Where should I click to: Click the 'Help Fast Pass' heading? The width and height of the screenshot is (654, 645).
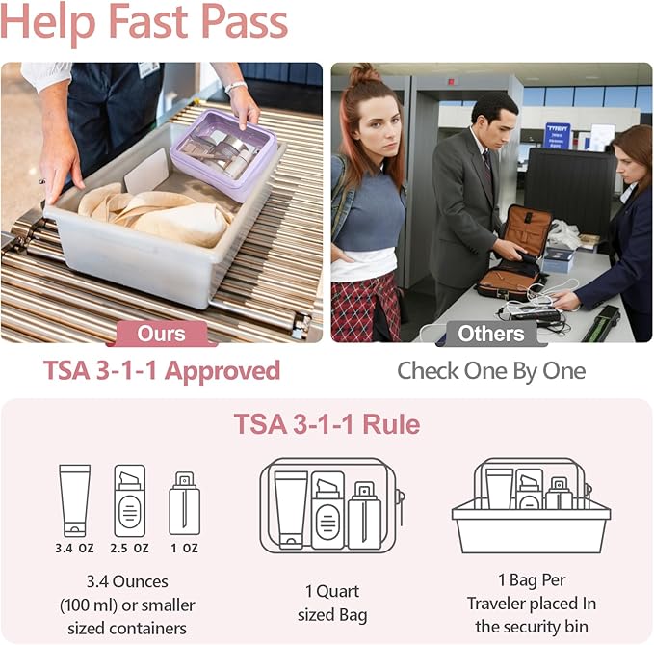tap(144, 23)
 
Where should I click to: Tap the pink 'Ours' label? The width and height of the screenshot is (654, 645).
tap(162, 334)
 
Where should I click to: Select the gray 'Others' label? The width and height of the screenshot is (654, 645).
tap(491, 334)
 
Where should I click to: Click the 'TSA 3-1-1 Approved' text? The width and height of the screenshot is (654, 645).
tap(162, 371)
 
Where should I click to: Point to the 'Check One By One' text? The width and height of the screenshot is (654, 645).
tap(491, 371)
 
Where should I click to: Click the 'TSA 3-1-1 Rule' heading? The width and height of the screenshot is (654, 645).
tap(327, 424)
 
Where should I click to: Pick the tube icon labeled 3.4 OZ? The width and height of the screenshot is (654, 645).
tap(74, 499)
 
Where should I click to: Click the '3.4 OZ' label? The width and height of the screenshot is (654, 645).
tap(74, 549)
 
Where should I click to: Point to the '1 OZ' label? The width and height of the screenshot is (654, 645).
tap(184, 549)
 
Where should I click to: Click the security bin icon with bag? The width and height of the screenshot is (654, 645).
tap(532, 506)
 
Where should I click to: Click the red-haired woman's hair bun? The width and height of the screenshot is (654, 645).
tap(365, 74)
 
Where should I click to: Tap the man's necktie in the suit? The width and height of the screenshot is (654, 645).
tap(488, 166)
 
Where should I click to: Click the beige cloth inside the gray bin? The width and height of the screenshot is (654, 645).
tap(154, 212)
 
